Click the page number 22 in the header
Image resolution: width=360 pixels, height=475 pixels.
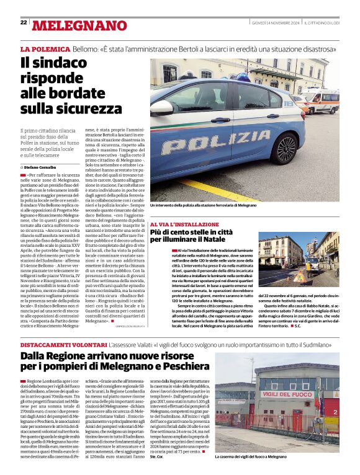pyautogui.click(x=24, y=22)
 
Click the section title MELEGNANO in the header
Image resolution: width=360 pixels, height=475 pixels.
pyautogui.click(x=79, y=25)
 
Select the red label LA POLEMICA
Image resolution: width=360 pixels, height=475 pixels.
pyautogui.click(x=45, y=48)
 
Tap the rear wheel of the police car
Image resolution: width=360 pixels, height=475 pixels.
pyautogui.click(x=287, y=149)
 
